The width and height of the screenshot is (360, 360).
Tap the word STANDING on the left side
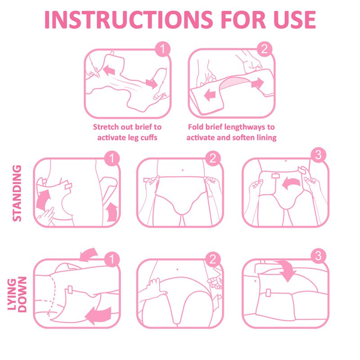17,193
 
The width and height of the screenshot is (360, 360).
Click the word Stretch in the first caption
106,127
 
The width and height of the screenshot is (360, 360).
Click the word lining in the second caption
265,137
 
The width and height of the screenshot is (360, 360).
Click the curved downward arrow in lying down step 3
285,269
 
